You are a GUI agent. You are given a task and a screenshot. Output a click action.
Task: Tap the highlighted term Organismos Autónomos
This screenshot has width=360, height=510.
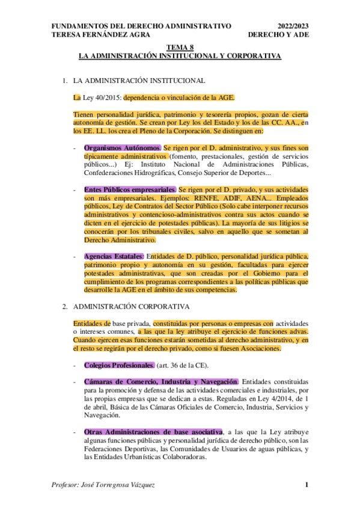122,147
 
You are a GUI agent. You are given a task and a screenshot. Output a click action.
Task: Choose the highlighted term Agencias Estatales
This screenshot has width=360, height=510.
114,256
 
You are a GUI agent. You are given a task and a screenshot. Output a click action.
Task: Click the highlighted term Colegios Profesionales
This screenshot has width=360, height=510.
119,365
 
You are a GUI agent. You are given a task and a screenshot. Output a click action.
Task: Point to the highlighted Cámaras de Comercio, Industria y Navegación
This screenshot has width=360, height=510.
161,382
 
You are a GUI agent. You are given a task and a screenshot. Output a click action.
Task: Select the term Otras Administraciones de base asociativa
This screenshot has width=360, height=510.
153,432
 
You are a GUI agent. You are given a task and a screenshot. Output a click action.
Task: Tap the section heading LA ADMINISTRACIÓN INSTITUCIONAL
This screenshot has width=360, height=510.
139,81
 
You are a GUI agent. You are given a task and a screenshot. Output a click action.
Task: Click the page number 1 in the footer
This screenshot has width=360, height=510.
307,485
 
